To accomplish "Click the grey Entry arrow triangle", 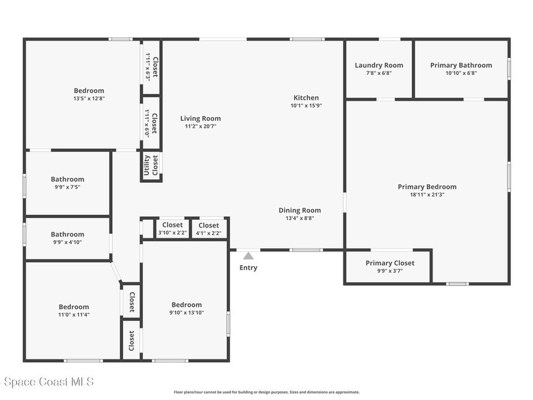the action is pyautogui.click(x=248, y=256).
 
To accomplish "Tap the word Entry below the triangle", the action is pyautogui.click(x=248, y=268).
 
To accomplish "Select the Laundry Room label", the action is pyautogui.click(x=379, y=65).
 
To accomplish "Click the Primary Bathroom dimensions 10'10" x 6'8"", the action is pyautogui.click(x=461, y=73).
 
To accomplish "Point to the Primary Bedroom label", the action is pyautogui.click(x=427, y=187).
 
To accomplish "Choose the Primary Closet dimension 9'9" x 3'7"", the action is pyautogui.click(x=390, y=271).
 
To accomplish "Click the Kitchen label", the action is pyautogui.click(x=306, y=97).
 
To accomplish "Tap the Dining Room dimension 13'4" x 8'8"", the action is pyautogui.click(x=300, y=218).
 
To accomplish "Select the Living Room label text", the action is pyautogui.click(x=200, y=118).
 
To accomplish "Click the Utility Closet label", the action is pyautogui.click(x=151, y=165).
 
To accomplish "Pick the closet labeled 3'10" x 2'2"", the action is pyautogui.click(x=172, y=228).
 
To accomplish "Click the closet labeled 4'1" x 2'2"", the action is pyautogui.click(x=209, y=229).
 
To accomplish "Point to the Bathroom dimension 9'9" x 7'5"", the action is pyautogui.click(x=68, y=187).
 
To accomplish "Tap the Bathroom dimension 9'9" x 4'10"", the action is pyautogui.click(x=68, y=243).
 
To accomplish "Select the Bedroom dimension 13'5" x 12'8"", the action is pyautogui.click(x=89, y=98).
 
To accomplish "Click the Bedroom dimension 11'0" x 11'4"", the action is pyautogui.click(x=74, y=315).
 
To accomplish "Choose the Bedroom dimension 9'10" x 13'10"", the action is pyautogui.click(x=187, y=313).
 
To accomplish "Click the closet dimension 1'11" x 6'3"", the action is pyautogui.click(x=148, y=66).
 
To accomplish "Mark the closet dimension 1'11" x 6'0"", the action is pyautogui.click(x=147, y=123).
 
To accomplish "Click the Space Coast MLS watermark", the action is pyautogui.click(x=47, y=382).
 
